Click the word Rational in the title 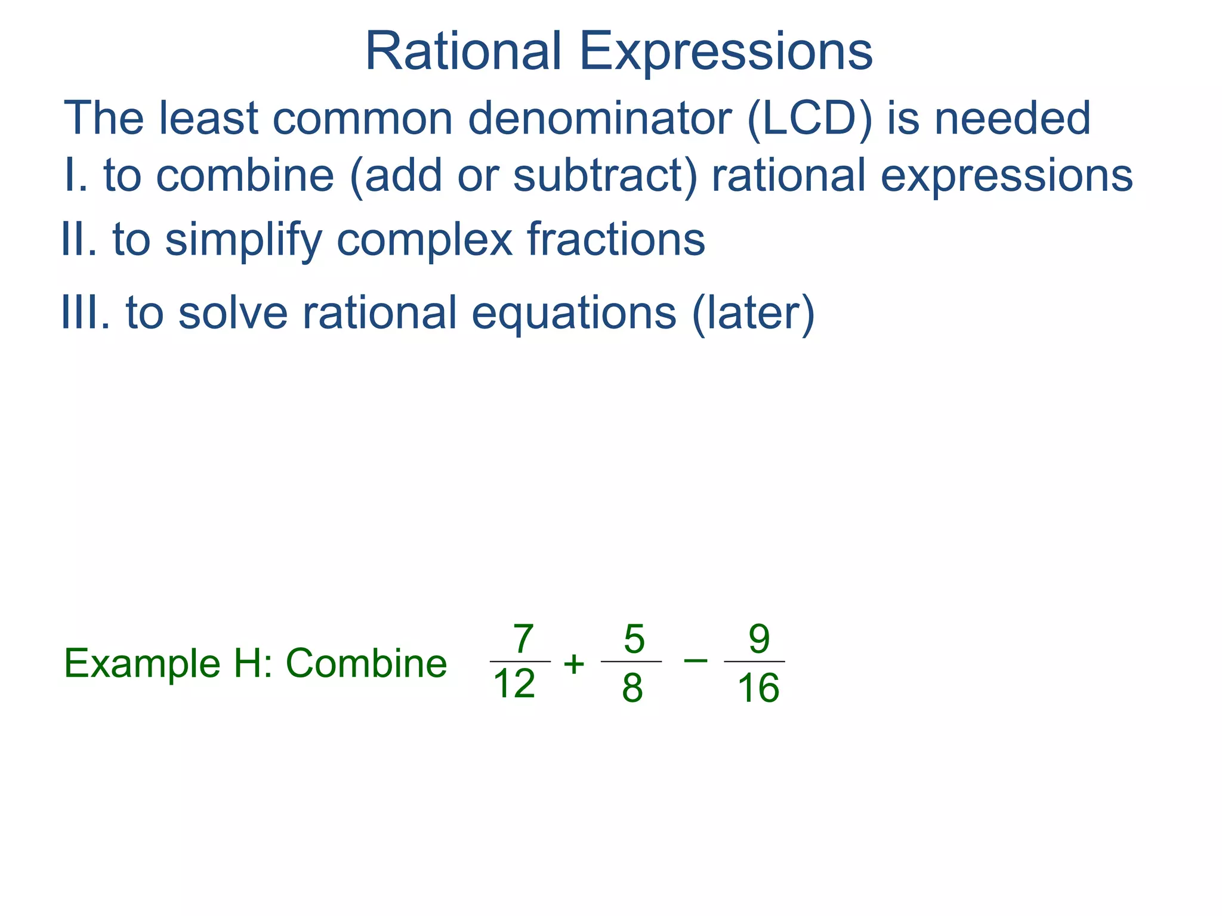(462, 52)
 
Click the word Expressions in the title (726, 52)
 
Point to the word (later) (753, 312)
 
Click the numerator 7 (522, 639)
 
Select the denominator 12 (514, 684)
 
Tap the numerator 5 (634, 639)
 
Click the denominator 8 (632, 688)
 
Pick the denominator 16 (758, 688)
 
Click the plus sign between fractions (574, 664)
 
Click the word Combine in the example (366, 664)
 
